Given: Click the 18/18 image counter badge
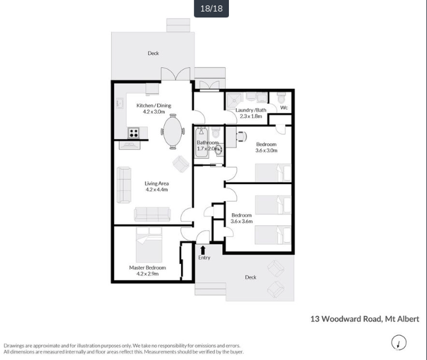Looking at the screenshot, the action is tap(211, 8).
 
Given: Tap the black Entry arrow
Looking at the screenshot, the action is tap(202, 250).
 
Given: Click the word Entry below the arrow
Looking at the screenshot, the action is tap(204, 257).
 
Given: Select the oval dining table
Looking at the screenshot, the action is tap(173, 132).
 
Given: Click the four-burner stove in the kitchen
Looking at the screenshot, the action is tap(133, 133).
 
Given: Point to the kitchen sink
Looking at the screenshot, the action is tap(120, 103).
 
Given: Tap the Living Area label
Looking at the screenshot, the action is tap(156, 184).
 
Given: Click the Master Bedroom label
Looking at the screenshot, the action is tap(147, 268).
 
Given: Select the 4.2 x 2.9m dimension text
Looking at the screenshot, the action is tap(147, 274).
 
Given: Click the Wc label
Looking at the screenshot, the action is tap(284, 108).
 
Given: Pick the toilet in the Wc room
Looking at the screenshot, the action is tap(281, 97).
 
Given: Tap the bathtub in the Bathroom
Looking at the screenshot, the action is tap(202, 143).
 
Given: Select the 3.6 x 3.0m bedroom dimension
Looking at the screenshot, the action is tap(266, 150).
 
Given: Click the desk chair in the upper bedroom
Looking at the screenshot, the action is tap(242, 136).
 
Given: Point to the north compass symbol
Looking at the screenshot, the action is tap(399, 342).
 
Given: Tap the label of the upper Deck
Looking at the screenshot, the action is tap(153, 53).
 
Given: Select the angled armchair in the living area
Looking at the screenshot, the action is tap(181, 164).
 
